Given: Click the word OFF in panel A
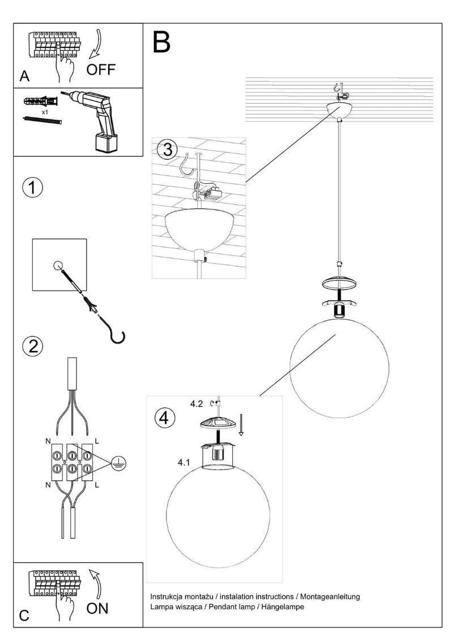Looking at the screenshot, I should [101, 70].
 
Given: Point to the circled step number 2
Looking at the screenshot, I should [33, 346].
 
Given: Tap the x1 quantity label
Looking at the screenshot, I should [45, 112].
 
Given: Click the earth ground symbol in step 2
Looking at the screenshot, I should [119, 463].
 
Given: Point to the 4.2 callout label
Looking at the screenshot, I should [196, 403].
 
